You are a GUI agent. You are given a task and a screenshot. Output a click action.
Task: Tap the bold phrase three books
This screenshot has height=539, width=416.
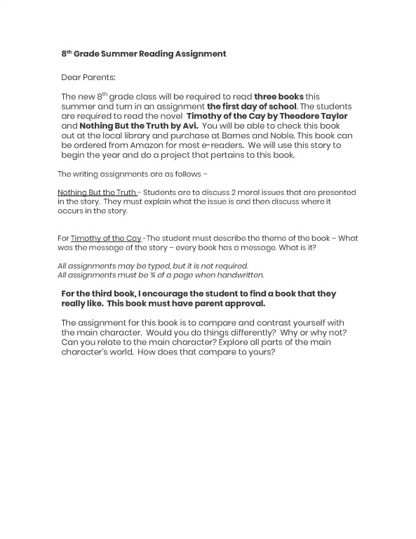click(279, 96)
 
